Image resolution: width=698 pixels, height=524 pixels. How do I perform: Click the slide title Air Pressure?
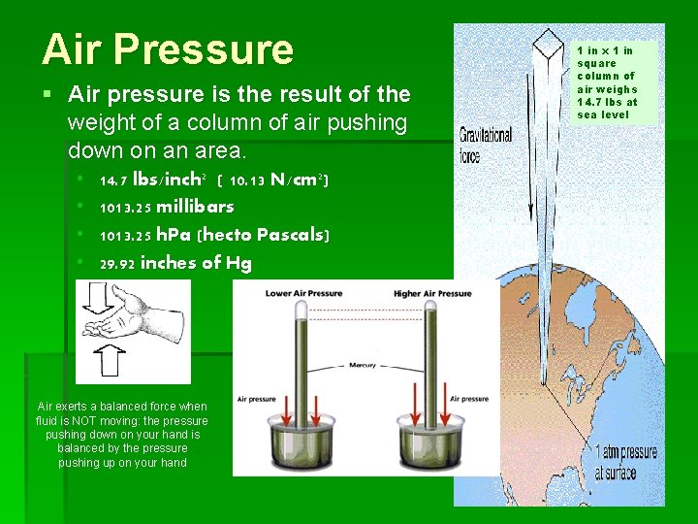[x=167, y=49]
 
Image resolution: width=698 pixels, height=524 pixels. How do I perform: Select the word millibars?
[x=195, y=207]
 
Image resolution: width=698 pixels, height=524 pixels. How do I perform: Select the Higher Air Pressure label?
[x=433, y=292]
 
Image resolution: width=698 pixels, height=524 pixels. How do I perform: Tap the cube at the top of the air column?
[x=551, y=43]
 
